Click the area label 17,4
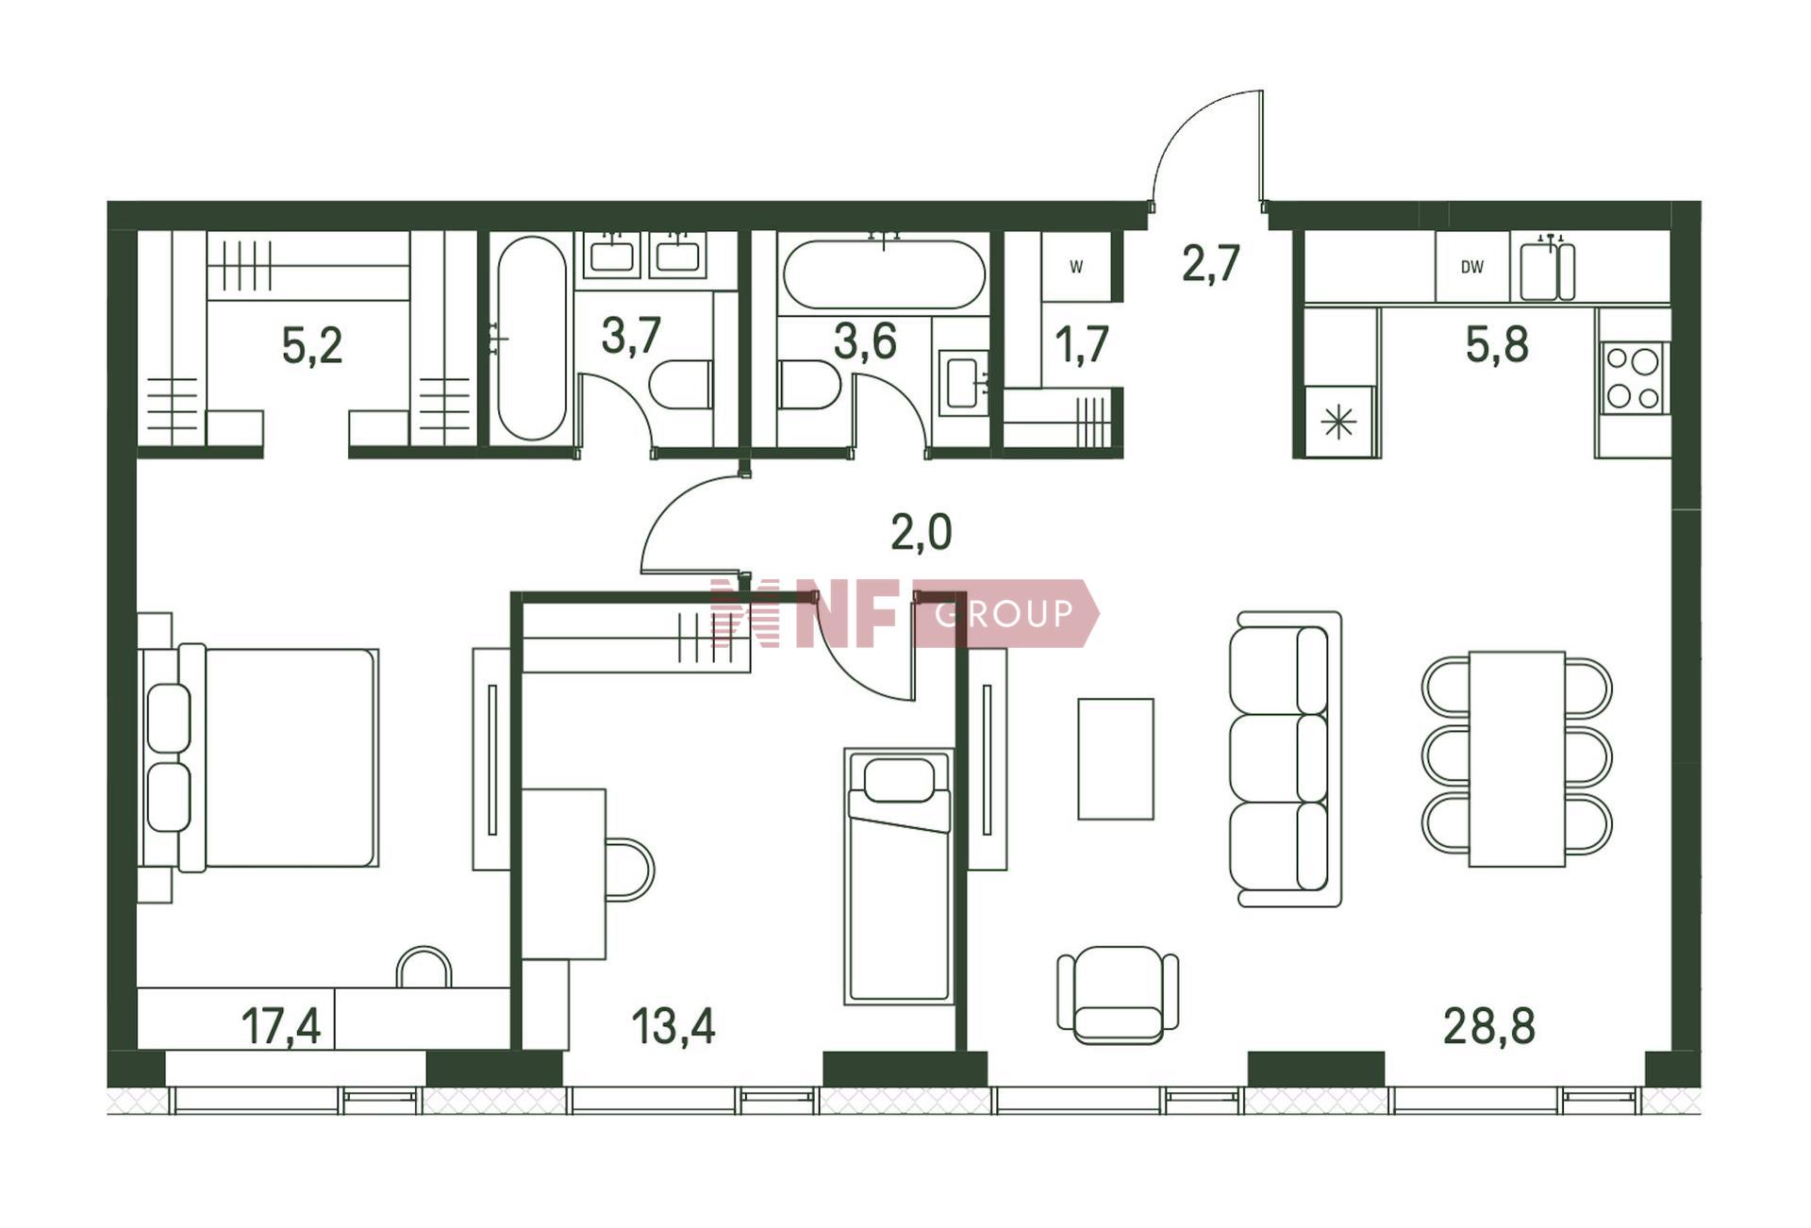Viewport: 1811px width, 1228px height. [281, 1026]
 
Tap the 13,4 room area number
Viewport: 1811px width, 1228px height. [673, 1026]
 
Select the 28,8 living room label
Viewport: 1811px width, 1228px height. [1489, 1026]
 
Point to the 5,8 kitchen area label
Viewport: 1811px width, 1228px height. [1497, 344]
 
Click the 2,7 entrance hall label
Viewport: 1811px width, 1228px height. [1211, 263]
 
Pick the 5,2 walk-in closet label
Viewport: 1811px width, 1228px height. [312, 345]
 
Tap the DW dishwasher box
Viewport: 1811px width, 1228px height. [1472, 267]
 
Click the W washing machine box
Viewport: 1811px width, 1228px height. [1076, 267]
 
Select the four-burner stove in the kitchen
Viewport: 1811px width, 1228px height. [1634, 377]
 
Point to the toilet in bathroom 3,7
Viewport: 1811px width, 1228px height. [680, 384]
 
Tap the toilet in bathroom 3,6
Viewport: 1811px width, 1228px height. [809, 384]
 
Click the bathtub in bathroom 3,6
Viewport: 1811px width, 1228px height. [884, 274]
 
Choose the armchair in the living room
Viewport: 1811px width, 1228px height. [1118, 995]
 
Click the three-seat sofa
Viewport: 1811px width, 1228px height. [1286, 759]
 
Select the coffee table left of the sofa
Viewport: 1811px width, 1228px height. [1116, 759]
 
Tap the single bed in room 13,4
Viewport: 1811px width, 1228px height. [899, 876]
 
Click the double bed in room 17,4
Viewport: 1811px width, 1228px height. [260, 757]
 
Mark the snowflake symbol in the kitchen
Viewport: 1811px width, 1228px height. [1338, 422]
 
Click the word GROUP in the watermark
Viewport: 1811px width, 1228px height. [1004, 614]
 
